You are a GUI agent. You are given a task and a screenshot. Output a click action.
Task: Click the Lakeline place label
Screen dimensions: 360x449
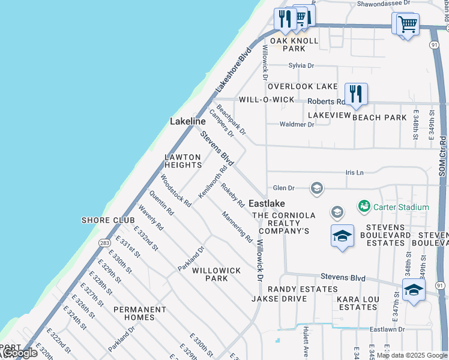[187, 121]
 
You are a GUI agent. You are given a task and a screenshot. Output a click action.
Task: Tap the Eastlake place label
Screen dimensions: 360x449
[267, 203]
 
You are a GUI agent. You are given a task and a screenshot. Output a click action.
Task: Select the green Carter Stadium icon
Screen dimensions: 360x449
[364, 207]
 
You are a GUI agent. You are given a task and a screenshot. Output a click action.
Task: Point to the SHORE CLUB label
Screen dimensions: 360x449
[108, 220]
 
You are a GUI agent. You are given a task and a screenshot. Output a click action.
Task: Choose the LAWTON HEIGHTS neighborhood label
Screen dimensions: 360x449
[183, 161]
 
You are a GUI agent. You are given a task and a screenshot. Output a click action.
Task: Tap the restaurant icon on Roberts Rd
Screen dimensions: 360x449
[356, 94]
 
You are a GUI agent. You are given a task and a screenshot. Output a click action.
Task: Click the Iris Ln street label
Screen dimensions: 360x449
[355, 172]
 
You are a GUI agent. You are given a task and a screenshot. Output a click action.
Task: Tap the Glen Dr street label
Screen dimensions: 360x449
[285, 188]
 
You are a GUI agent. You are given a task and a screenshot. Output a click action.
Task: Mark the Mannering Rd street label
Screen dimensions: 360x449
[237, 226]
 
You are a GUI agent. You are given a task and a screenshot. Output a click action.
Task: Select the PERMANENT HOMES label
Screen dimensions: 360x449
[140, 313]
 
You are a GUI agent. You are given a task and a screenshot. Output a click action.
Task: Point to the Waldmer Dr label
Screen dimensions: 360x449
[297, 124]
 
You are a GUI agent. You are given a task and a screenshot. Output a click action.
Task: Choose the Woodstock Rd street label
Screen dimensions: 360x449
[175, 190]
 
